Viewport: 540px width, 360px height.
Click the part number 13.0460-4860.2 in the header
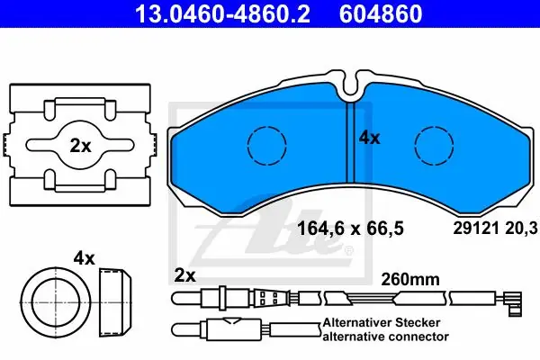coord(222,13)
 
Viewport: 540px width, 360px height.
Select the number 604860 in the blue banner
coord(381,13)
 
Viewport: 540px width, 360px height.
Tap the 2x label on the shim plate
coord(80,146)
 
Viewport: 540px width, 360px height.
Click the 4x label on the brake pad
coord(369,138)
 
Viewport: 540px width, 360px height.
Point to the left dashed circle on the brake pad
coord(267,145)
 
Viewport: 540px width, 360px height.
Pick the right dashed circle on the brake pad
coord(434,145)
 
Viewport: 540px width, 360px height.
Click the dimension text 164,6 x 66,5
coord(350,229)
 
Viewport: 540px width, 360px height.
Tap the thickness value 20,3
coord(521,229)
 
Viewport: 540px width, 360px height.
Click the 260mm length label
coord(410,279)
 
